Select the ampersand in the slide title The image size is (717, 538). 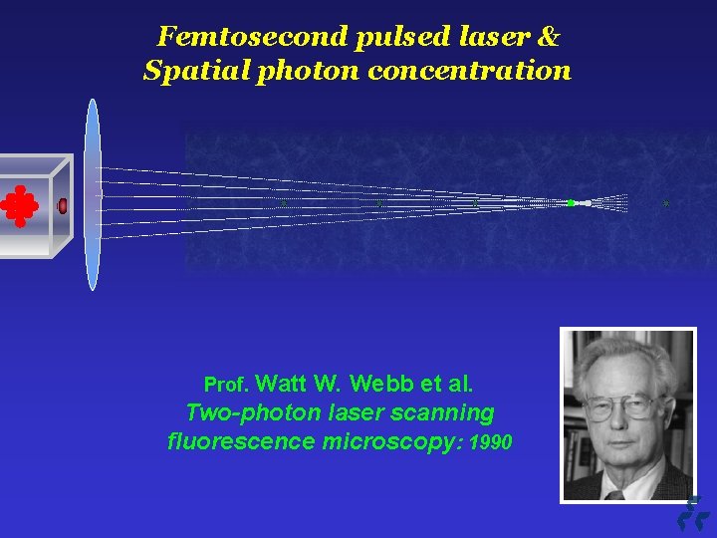[549, 38]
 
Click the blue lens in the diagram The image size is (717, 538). [93, 194]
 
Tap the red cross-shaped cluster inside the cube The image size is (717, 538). [19, 205]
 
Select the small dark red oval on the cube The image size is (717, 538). [63, 206]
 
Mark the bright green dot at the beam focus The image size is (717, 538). [571, 203]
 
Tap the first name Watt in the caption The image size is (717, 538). [285, 384]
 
